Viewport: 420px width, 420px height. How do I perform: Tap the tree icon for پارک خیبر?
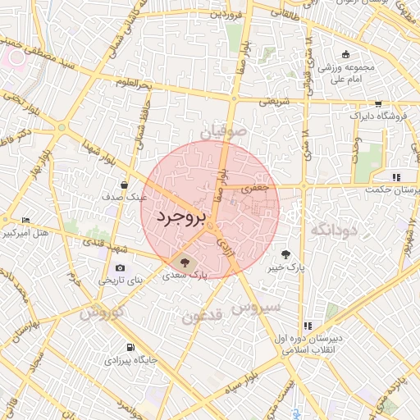pos(285,254)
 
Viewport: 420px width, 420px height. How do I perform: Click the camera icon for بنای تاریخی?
pos(121,267)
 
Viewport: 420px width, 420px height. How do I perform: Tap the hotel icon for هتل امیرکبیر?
pos(25,221)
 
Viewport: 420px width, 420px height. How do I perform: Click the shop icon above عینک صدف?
pos(124,185)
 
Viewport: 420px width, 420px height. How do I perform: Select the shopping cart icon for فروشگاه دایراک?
pos(378,104)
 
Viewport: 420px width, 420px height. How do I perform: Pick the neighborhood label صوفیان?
pos(222,130)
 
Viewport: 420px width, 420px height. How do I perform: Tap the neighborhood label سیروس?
pos(257,307)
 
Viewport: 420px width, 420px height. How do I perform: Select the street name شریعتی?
pos(276,102)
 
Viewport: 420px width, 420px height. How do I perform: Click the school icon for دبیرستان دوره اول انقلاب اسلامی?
pos(308,326)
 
